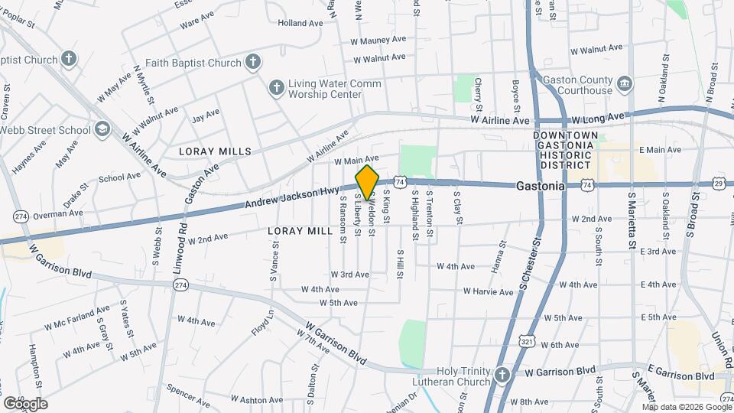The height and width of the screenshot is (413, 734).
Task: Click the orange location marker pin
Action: click(x=368, y=182)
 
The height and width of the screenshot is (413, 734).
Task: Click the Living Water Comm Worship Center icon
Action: click(x=275, y=88)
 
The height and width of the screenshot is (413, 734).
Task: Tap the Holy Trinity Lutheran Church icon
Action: click(x=502, y=374)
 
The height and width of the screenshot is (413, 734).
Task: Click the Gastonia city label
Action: click(x=540, y=186)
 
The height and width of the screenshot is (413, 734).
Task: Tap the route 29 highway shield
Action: click(x=719, y=184)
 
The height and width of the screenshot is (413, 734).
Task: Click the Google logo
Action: click(x=24, y=403)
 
